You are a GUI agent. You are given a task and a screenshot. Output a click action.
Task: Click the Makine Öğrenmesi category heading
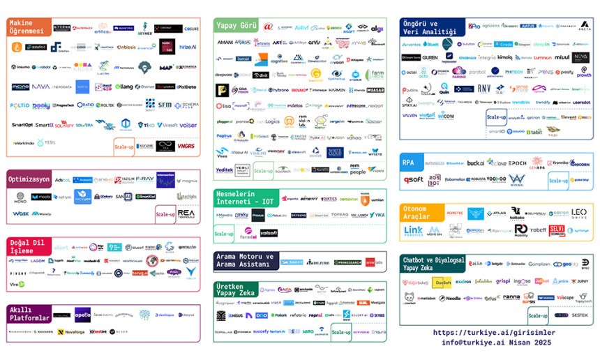[x=26, y=27]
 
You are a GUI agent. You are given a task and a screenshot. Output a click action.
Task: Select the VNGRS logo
[x=186, y=147]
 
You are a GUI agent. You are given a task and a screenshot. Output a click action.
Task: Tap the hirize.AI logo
[x=188, y=47]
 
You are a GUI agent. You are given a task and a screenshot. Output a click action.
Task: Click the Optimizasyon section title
[x=29, y=179]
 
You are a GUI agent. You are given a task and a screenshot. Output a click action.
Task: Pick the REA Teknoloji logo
[x=186, y=213]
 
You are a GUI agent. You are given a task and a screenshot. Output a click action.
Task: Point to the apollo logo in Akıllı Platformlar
[x=82, y=315]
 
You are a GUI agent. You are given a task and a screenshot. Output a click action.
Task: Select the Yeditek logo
[x=225, y=170]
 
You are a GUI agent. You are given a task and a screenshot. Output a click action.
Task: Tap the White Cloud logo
[x=335, y=151]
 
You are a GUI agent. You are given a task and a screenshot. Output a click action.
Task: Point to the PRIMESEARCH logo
[x=348, y=262]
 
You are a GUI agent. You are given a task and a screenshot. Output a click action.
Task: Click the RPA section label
[x=409, y=162]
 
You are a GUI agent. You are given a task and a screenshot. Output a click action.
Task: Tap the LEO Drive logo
[x=579, y=213]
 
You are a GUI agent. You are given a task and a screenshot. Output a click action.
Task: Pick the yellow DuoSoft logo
[x=442, y=283]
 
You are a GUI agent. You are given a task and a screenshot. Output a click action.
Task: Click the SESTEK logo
[x=579, y=315]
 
